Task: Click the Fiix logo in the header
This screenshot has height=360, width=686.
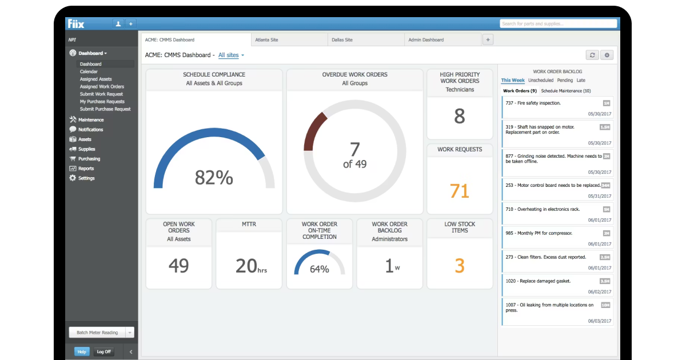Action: coord(76,23)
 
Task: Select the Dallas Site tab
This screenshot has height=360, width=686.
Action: coord(342,40)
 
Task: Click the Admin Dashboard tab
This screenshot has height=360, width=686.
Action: coord(426,40)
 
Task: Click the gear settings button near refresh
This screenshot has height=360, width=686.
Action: coord(607,55)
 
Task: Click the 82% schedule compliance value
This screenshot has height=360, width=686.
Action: coord(214,178)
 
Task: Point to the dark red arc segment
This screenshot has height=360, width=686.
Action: coord(314,130)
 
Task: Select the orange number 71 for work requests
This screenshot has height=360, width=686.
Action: coord(459,191)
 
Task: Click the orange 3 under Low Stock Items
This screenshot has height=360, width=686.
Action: coord(459,266)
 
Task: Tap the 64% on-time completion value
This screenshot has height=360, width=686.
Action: coord(319,269)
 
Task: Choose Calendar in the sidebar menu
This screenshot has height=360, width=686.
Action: coord(89,71)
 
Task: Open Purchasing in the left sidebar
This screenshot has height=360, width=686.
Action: coord(89,159)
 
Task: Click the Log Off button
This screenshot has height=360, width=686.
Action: coord(104,352)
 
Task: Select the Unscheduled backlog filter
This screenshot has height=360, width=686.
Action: coord(540,81)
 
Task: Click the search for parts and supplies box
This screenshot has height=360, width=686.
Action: coord(558,23)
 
